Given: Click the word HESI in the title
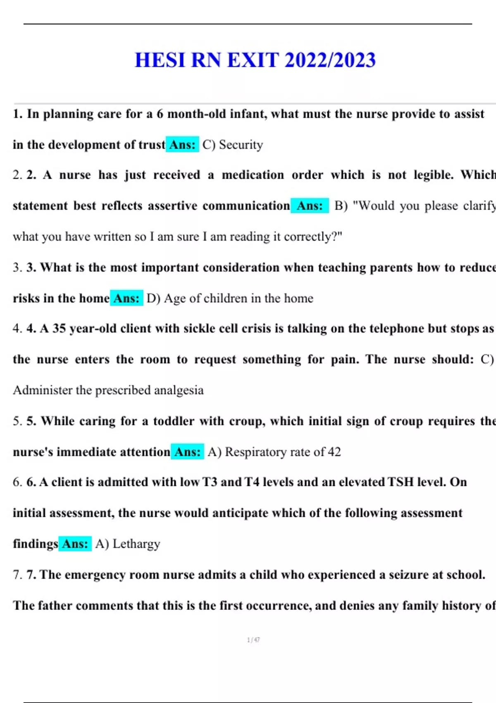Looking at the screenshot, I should tap(160, 60).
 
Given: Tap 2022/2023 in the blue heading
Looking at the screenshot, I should tap(330, 60).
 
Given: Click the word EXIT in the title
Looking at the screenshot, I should tap(253, 60).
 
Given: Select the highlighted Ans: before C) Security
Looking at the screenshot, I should tap(182, 145).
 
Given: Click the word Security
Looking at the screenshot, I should tap(241, 145).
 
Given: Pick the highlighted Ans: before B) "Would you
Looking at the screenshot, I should tap(310, 206).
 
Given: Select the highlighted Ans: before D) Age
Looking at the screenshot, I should tap(126, 298).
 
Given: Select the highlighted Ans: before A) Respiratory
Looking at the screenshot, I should tap(187, 452).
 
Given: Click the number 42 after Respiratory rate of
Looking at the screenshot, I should tap(334, 452).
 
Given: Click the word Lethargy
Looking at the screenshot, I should tap(136, 544).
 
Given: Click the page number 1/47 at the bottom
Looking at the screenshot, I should tap(253, 640).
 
